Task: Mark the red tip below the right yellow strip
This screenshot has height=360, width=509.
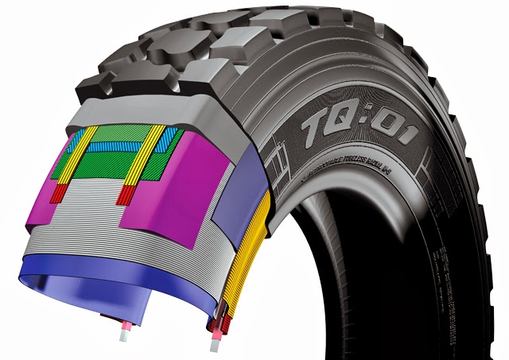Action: coord(124,195)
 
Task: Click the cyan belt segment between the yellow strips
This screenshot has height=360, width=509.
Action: coord(119,146)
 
